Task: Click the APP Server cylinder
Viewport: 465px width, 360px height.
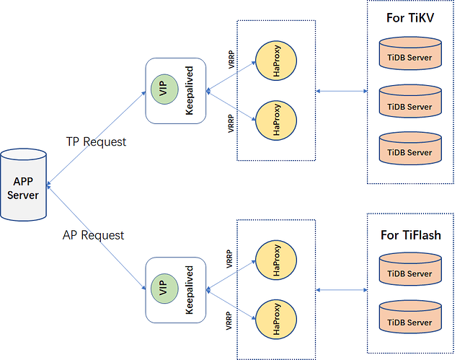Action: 25,185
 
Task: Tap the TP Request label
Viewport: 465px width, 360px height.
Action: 95,141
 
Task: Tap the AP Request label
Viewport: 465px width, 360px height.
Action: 94,235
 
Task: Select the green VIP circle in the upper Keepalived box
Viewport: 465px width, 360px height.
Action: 162,89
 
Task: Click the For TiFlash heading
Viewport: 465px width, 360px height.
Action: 410,235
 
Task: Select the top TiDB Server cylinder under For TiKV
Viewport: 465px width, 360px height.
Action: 409,58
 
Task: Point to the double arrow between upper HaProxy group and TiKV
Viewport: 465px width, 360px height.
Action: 342,91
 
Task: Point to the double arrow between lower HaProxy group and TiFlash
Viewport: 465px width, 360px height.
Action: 342,290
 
